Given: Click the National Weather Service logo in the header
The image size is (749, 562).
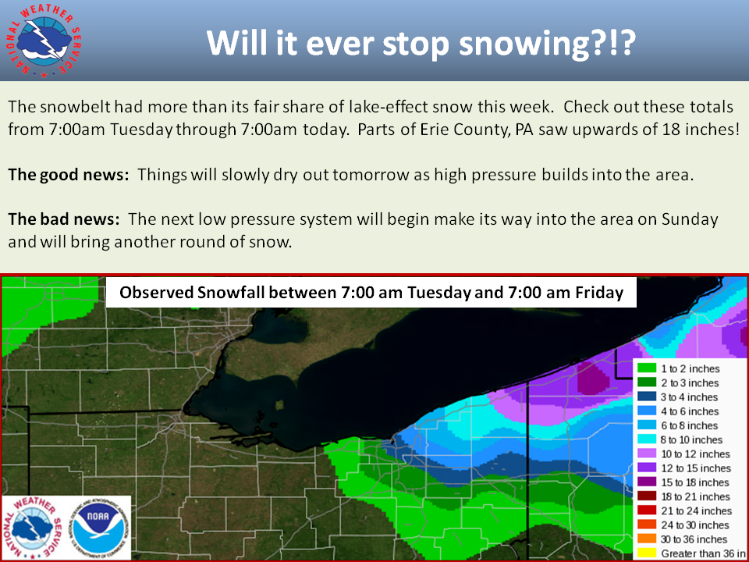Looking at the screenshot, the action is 44,42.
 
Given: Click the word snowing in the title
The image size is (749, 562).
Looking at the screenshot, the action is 524,44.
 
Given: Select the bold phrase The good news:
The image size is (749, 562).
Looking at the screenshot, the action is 69,175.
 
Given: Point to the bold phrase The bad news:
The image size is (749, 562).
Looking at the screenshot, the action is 63,219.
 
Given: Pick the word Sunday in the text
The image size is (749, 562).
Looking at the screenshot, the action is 690,219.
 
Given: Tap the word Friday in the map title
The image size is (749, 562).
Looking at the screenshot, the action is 599,293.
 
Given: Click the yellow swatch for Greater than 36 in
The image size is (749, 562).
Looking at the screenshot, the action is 646,553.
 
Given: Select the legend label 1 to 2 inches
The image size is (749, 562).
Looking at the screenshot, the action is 690,369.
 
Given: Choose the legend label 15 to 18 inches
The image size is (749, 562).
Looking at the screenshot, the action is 695,482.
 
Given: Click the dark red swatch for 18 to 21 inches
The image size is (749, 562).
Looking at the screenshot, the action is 646,496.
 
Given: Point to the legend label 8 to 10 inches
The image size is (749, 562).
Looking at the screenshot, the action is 692,440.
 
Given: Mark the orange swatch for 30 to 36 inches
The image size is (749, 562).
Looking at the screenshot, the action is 646,539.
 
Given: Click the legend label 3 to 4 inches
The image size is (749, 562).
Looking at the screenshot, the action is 689,397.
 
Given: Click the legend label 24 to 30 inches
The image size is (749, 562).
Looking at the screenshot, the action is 695,525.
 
